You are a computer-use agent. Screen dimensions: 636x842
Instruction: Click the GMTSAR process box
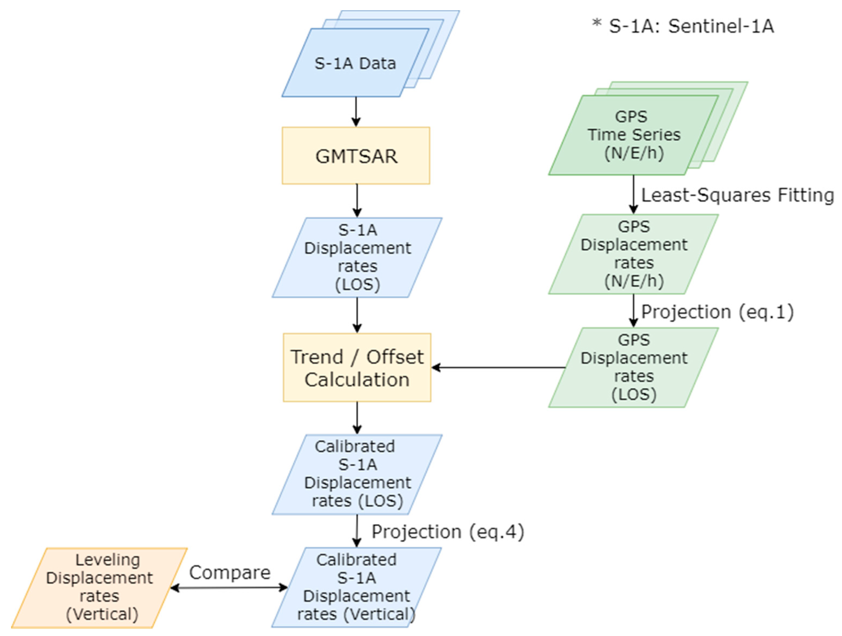point(356,156)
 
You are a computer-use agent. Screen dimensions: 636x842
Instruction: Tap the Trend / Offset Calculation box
point(357,368)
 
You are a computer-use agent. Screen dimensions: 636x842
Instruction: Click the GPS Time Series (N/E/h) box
point(634,135)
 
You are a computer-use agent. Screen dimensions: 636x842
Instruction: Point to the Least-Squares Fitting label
point(737,195)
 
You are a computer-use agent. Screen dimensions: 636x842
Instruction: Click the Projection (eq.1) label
point(717,312)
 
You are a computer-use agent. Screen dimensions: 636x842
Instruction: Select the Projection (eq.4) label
point(448,532)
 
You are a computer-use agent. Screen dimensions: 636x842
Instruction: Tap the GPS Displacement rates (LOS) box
point(634,368)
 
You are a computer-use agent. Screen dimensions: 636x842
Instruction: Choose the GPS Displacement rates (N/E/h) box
point(634,254)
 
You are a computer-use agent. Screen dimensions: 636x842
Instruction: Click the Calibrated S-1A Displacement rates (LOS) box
point(357,474)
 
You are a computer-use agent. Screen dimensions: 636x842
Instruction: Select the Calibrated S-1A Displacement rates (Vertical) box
point(356,587)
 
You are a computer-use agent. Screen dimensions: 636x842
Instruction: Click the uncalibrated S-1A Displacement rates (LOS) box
point(357,257)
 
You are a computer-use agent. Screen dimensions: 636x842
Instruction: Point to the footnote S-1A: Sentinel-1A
point(683,26)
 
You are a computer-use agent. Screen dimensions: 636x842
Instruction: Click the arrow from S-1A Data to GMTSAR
point(356,111)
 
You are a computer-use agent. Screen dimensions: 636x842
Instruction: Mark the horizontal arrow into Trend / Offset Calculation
point(499,368)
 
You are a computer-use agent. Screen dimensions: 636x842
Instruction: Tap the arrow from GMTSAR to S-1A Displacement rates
point(357,200)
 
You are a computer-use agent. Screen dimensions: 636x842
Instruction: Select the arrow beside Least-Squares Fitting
point(633,194)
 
